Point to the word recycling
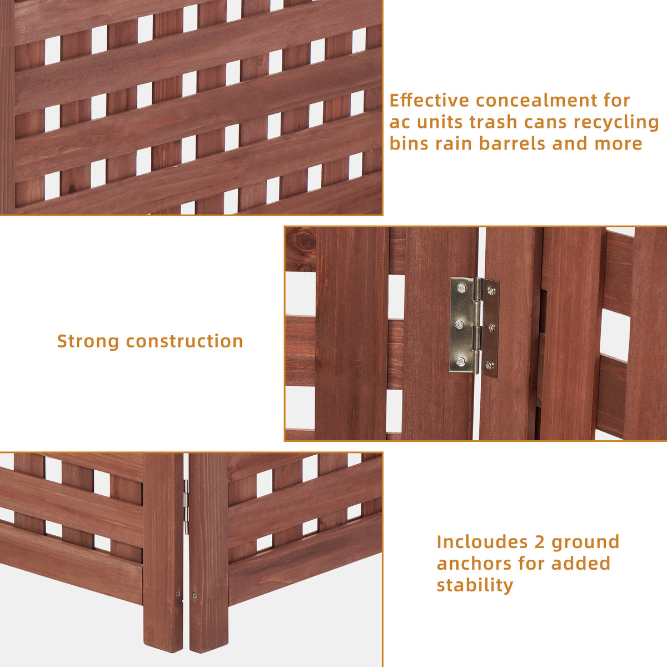coord(616,123)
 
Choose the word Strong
coord(88,341)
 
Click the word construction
coord(185,341)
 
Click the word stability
coord(475,585)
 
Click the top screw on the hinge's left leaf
coord(461,287)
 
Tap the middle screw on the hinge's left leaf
coord(460,324)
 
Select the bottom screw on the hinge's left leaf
coord(461,361)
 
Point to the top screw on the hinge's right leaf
coord(491,290)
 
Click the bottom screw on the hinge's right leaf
coord(489,365)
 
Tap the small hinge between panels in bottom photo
coord(186,506)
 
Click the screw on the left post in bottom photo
coord(179,595)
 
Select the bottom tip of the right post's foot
coord(207,650)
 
